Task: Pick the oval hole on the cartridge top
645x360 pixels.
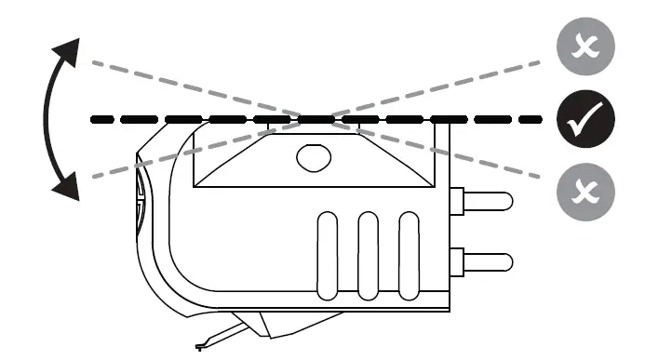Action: tap(314, 156)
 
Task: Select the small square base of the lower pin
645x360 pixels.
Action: tap(456, 260)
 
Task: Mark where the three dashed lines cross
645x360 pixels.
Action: tap(316, 119)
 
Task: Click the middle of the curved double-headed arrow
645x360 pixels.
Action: tap(47, 119)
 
